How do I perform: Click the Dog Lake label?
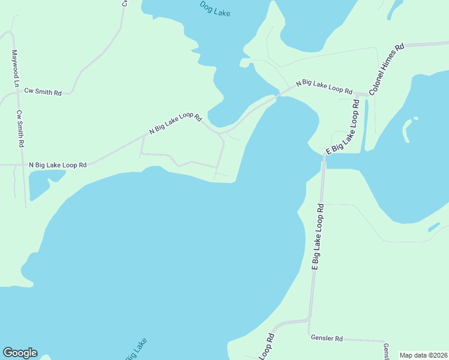pyautogui.click(x=214, y=8)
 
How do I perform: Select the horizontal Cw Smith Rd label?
pyautogui.click(x=43, y=92)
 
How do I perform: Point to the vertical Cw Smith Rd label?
pyautogui.click(x=22, y=130)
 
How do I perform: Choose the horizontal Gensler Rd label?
pyautogui.click(x=327, y=338)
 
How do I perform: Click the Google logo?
pyautogui.click(x=20, y=353)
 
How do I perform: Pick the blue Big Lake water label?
pyautogui.click(x=136, y=350)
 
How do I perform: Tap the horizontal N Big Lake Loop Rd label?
pyautogui.click(x=58, y=164)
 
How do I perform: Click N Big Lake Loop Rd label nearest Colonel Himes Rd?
pyautogui.click(x=324, y=86)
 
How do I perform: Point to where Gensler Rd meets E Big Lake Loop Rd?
pyautogui.click(x=309, y=335)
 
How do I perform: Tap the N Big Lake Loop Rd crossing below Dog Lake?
pyautogui.click(x=279, y=95)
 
